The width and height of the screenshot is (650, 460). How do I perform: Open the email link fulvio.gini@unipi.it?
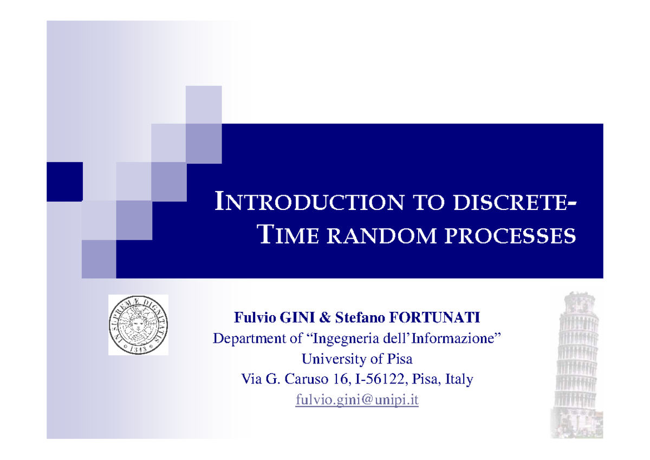[357, 401]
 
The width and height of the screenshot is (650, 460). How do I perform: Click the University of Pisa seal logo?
[138, 325]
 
